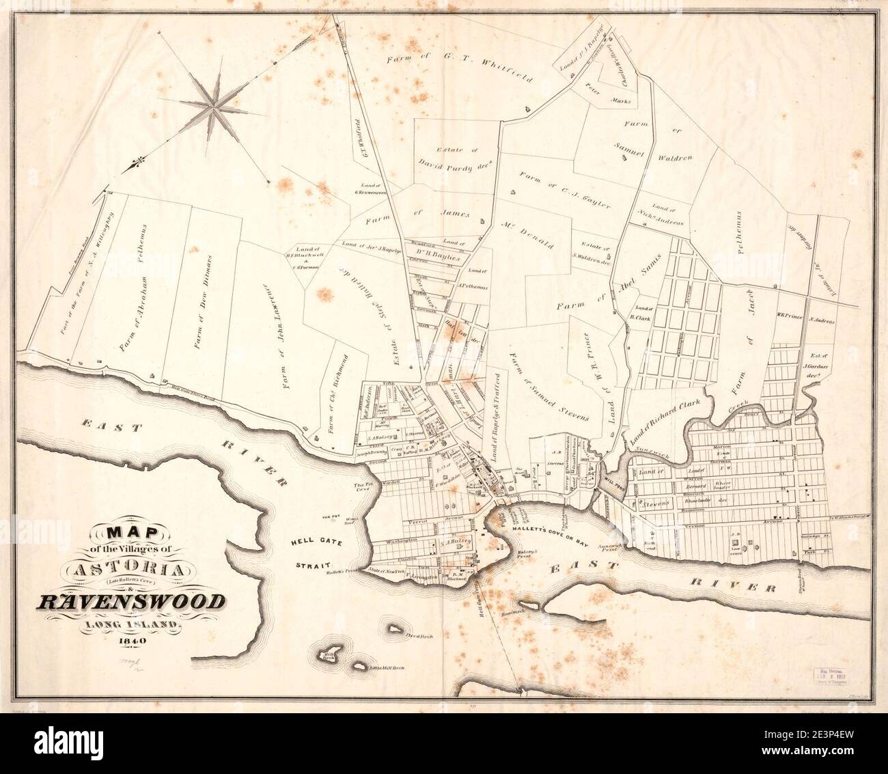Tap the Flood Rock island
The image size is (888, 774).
click(395, 628)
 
